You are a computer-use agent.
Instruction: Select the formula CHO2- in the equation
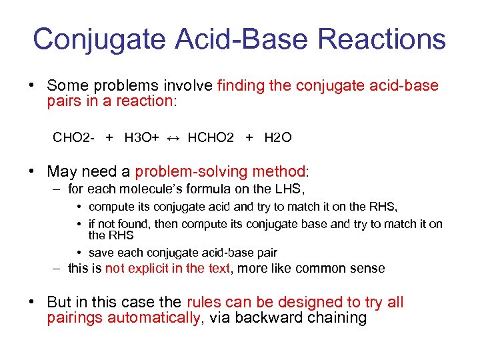click(73, 138)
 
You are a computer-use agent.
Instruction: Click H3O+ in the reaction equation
click(141, 138)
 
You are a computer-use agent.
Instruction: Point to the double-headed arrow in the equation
click(172, 138)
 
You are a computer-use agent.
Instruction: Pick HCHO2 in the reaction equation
click(211, 138)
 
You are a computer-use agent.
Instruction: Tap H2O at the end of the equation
click(277, 138)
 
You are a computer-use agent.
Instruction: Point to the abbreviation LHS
click(290, 190)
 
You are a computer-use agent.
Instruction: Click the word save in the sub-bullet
click(101, 253)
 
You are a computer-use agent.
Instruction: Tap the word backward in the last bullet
click(267, 318)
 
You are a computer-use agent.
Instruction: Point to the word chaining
click(335, 318)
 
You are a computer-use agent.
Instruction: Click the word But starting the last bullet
click(60, 302)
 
